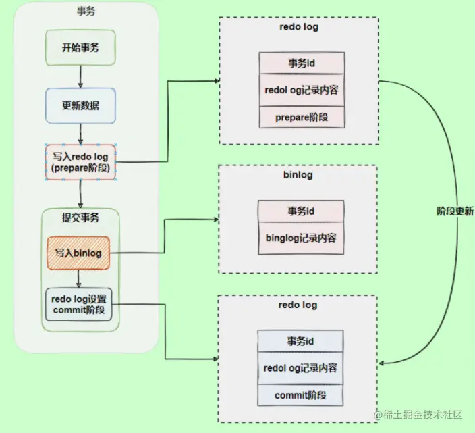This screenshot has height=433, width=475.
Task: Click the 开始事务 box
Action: pyautogui.click(x=80, y=47)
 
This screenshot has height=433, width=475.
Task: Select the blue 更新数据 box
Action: pyautogui.click(x=80, y=105)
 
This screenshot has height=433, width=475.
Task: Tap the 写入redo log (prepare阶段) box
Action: pyautogui.click(x=80, y=162)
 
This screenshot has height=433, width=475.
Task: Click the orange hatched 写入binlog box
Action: pyautogui.click(x=78, y=253)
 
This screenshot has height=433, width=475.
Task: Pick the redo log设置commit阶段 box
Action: pyautogui.click(x=79, y=305)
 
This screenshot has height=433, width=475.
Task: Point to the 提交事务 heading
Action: pyautogui.click(x=80, y=218)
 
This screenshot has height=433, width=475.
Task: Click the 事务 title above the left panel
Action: pyautogui.click(x=86, y=11)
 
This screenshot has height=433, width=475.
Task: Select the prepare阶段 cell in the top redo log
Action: pyautogui.click(x=302, y=117)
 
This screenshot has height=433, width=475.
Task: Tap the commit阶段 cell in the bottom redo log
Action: pyautogui.click(x=300, y=395)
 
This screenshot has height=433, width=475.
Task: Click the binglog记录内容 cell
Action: pyautogui.click(x=301, y=238)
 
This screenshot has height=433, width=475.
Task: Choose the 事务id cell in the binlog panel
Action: pyautogui.click(x=301, y=211)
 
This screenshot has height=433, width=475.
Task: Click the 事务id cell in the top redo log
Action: pyautogui.click(x=302, y=63)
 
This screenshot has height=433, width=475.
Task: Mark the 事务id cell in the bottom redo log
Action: pyautogui.click(x=300, y=341)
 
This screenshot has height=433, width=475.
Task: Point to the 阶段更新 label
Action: pyautogui.click(x=455, y=211)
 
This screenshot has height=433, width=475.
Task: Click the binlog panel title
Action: pyautogui.click(x=298, y=175)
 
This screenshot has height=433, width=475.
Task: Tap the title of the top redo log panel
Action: pyautogui.click(x=299, y=27)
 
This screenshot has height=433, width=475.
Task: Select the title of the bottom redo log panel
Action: pyautogui.click(x=298, y=305)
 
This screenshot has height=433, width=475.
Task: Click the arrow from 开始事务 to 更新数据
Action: pyautogui.click(x=80, y=77)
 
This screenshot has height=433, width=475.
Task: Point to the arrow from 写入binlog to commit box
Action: pyautogui.click(x=78, y=279)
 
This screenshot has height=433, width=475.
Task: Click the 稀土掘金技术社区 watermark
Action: pyautogui.click(x=418, y=415)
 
